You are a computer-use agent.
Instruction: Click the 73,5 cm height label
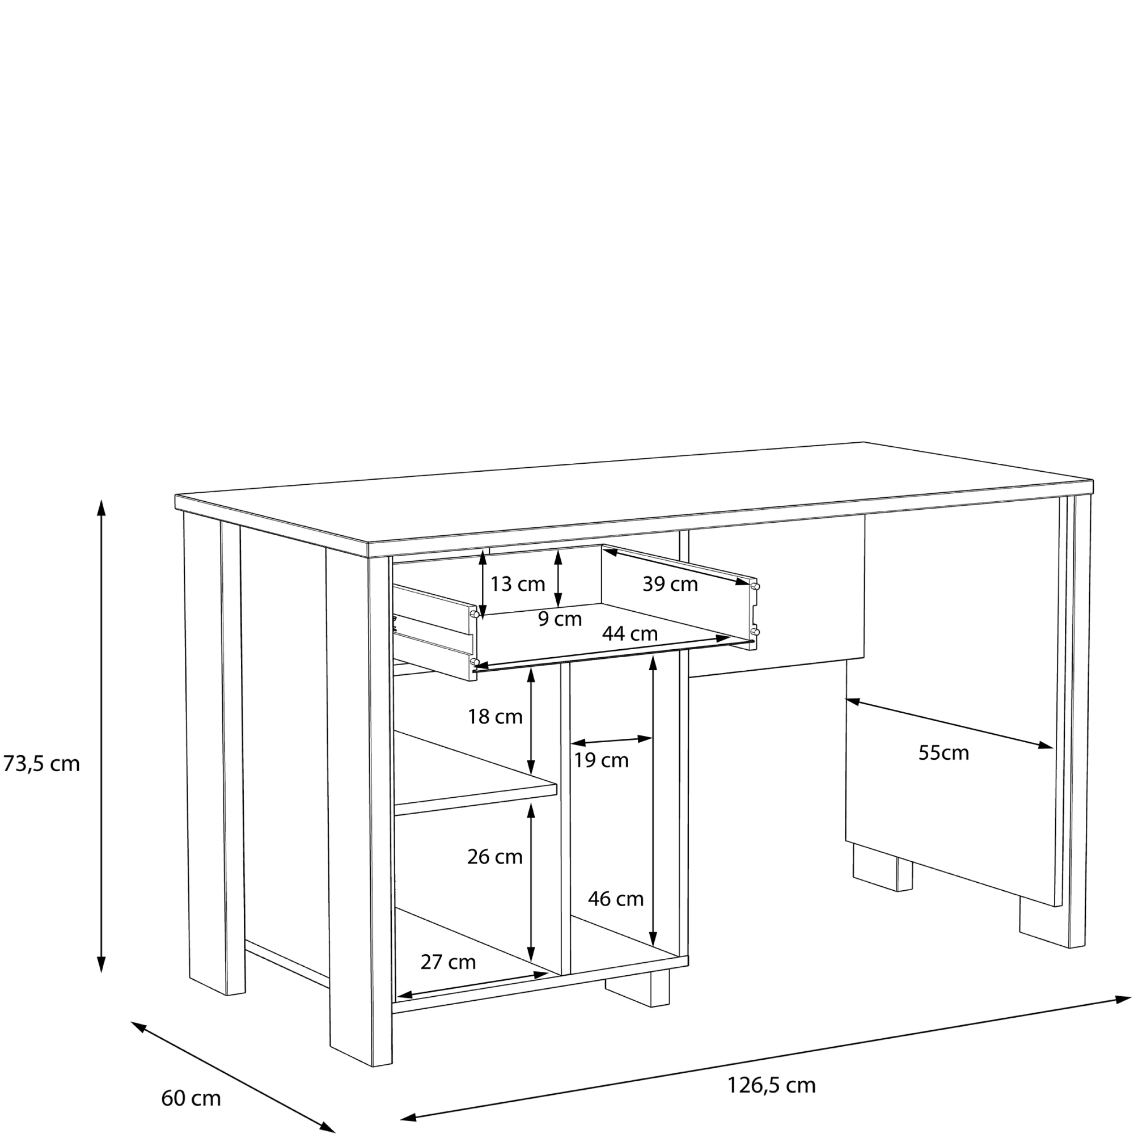point(41,764)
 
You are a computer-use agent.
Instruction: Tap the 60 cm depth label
point(191,1098)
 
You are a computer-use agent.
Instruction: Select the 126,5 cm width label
point(771,1085)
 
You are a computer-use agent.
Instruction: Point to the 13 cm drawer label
point(518,584)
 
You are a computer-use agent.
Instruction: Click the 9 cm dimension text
point(560,619)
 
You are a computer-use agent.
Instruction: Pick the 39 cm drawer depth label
point(670,584)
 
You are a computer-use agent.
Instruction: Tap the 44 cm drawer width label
point(630,633)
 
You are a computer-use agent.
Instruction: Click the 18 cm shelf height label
point(495,717)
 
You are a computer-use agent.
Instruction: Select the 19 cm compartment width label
point(601,760)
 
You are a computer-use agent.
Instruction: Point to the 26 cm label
point(495,857)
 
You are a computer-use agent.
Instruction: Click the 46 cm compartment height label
point(616,899)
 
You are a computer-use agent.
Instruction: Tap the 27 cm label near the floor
point(448,962)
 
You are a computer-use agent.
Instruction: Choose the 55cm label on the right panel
point(944,752)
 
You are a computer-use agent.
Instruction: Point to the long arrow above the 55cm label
point(949,723)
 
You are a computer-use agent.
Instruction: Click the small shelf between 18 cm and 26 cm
point(476,781)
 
